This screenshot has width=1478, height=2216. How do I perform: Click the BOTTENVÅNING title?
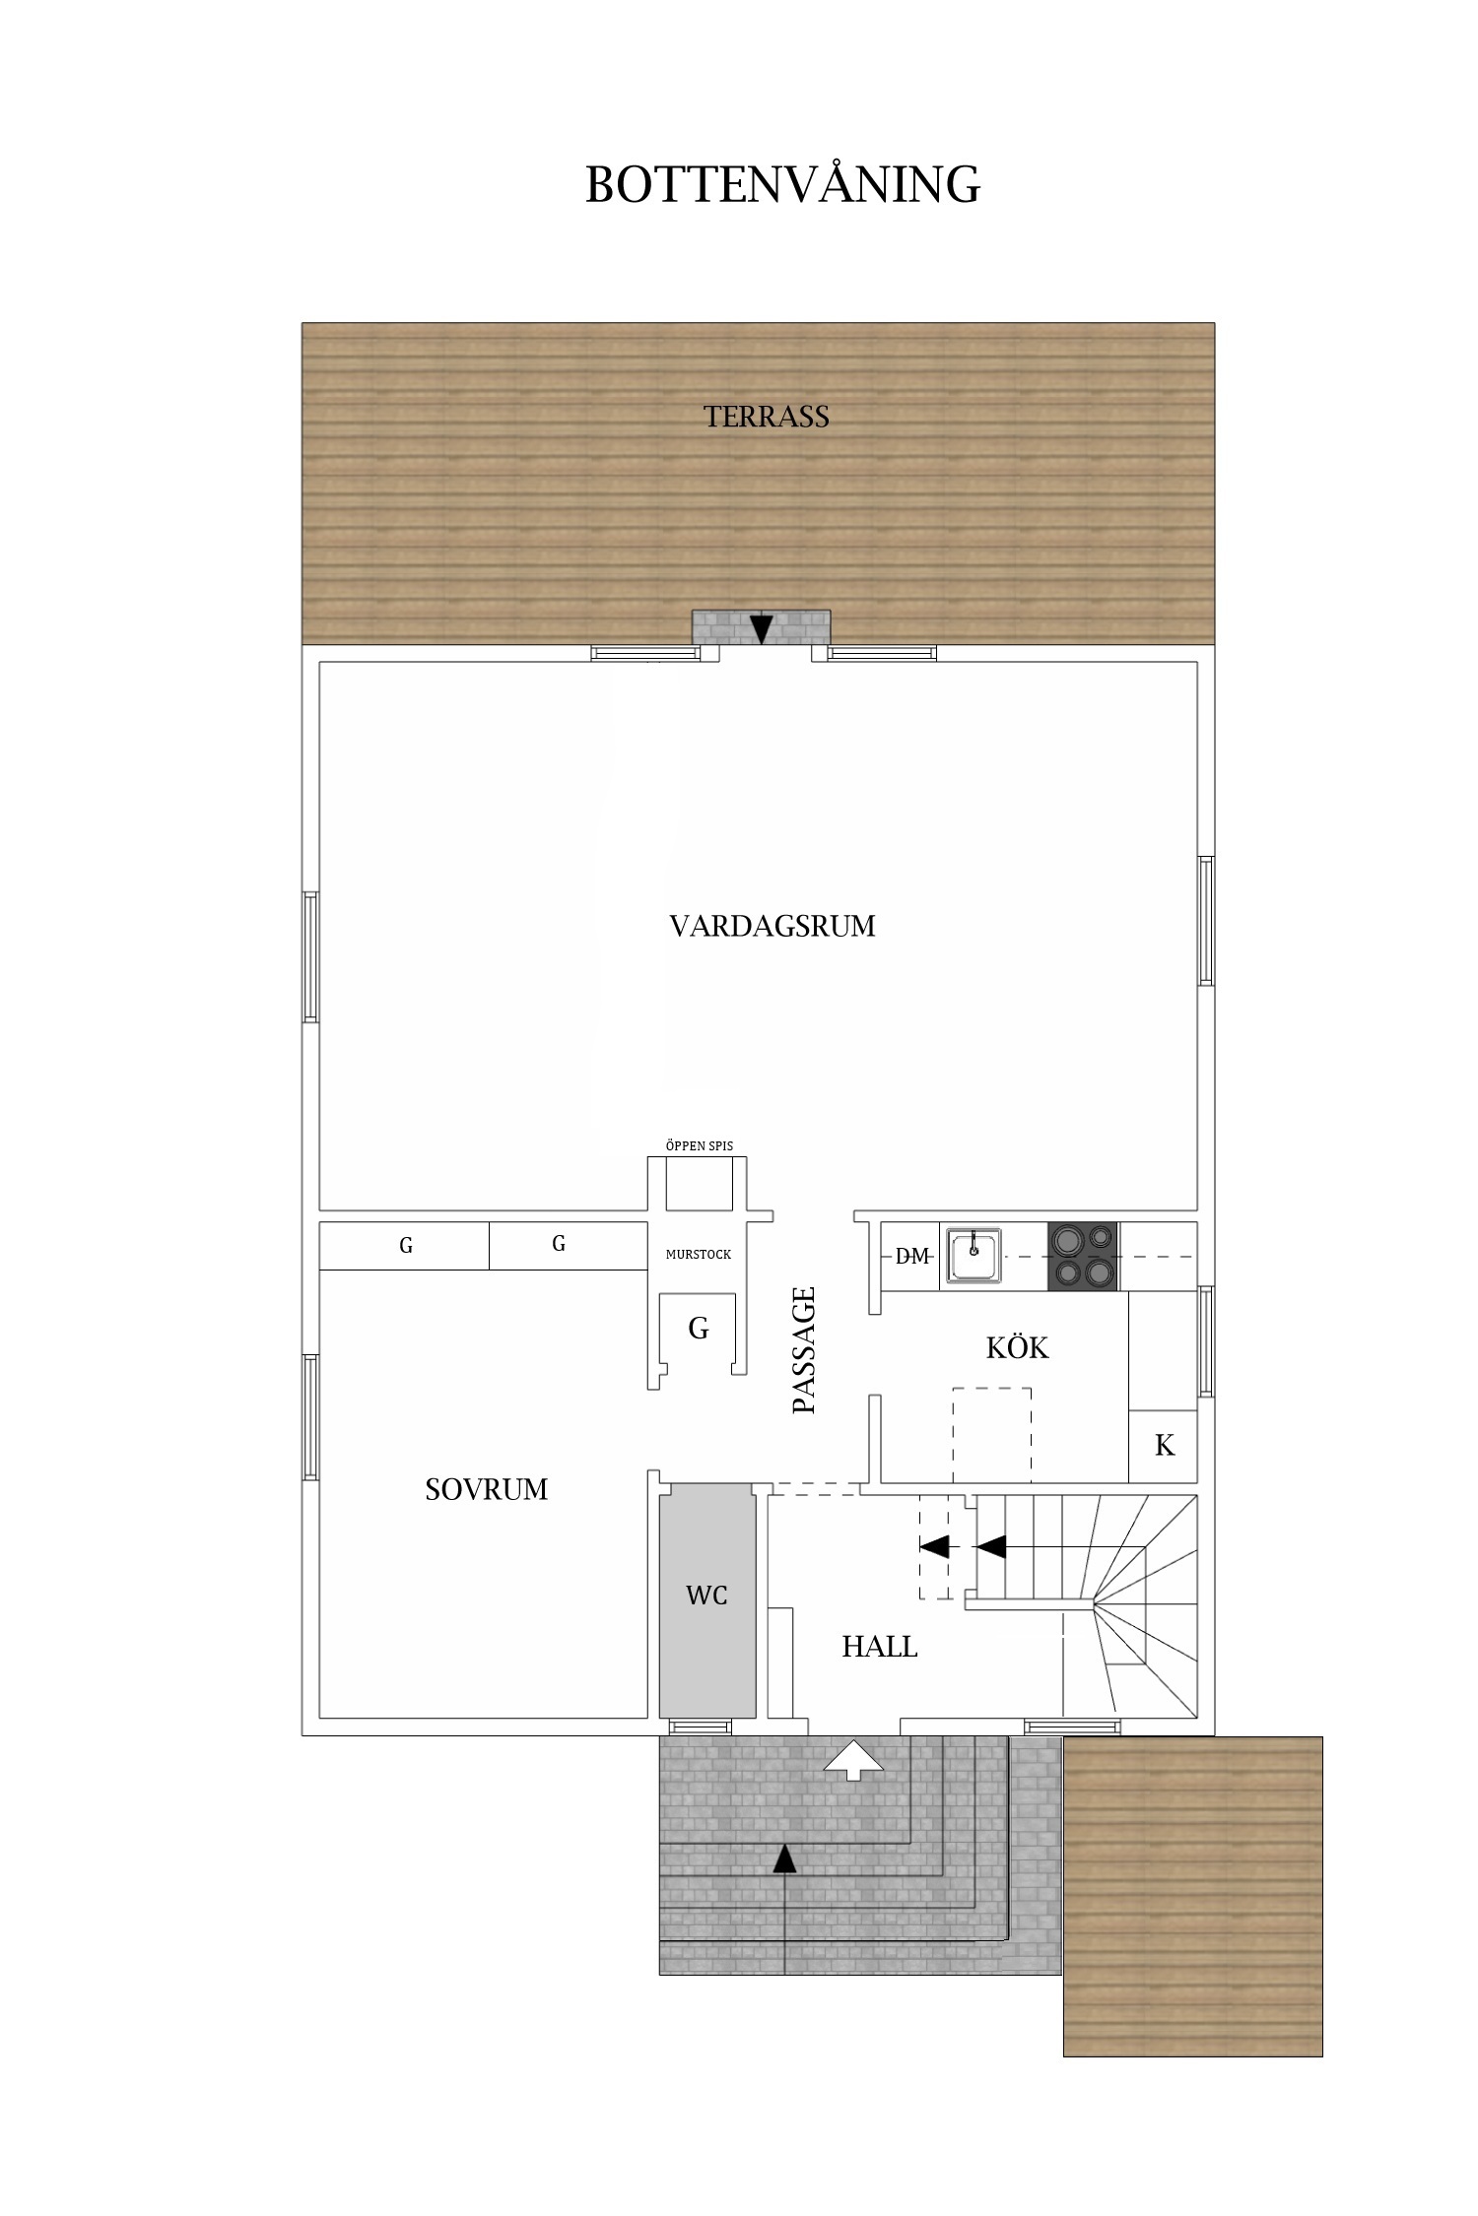782,184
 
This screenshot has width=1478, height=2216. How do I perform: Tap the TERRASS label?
767,417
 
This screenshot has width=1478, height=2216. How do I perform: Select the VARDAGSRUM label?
773,927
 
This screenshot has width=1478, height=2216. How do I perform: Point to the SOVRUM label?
486,1489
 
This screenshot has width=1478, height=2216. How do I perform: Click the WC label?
706,1595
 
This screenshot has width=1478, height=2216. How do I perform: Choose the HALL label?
879,1647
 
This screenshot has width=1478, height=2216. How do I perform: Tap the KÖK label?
1017,1347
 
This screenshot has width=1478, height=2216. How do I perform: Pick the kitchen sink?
974,1256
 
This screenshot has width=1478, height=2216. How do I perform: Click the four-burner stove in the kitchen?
1083,1256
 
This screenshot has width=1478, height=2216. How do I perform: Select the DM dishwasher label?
912,1256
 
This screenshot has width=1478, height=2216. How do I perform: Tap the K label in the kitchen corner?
1164,1445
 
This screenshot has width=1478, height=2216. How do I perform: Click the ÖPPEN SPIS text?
699,1146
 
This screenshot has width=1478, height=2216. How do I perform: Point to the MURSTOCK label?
699,1255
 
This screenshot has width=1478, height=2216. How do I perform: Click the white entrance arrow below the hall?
854,1760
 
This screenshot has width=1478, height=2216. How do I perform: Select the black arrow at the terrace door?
761,628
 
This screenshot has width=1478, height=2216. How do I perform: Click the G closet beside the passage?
699,1329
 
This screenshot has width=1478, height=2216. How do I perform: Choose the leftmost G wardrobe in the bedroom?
405,1246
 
